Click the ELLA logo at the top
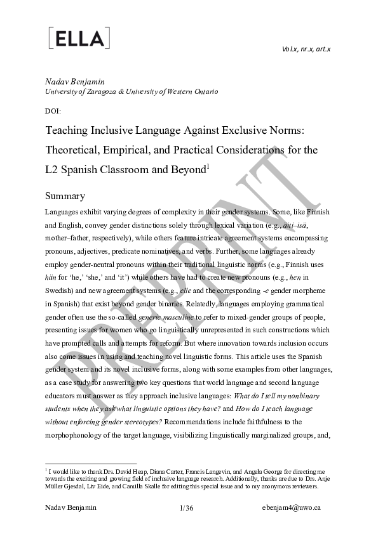click(79, 38)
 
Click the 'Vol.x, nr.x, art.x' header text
click(306, 49)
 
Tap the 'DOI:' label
click(53, 110)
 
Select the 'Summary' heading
click(65, 196)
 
